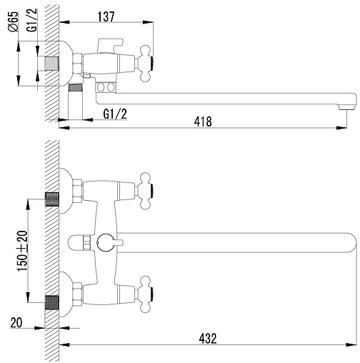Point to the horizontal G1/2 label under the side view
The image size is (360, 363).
[115, 114]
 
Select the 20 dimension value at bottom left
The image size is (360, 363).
[17, 322]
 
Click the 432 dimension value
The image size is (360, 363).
[206, 338]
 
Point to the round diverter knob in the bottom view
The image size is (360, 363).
[107, 242]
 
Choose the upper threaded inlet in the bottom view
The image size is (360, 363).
[51, 199]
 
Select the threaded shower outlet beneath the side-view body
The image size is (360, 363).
[75, 91]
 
